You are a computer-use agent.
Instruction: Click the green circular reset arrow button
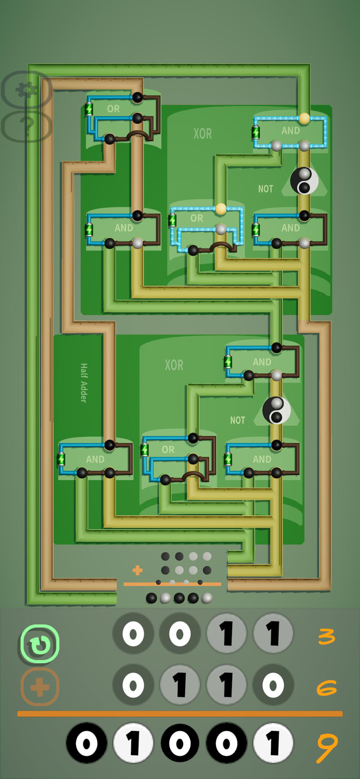click(x=40, y=644)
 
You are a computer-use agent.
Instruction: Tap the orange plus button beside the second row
click(x=40, y=687)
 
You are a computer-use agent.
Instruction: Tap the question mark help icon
click(x=26, y=125)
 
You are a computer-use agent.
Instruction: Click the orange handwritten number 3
click(x=326, y=636)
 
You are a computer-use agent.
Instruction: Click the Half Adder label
click(x=84, y=382)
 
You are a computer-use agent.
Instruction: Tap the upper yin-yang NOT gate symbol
click(x=304, y=181)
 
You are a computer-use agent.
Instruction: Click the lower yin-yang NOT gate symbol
click(x=276, y=410)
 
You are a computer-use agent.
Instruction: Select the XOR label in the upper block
click(x=203, y=134)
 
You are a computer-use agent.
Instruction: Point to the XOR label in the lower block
click(x=174, y=365)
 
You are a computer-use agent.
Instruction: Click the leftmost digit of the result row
click(x=86, y=743)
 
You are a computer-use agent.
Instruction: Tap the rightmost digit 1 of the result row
click(x=273, y=743)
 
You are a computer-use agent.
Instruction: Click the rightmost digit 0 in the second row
click(x=273, y=686)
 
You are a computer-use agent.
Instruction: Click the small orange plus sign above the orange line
click(x=137, y=571)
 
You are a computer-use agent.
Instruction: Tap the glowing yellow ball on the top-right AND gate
click(x=304, y=118)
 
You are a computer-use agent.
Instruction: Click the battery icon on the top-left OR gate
click(x=89, y=109)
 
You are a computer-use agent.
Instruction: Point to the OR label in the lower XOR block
click(x=168, y=449)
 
